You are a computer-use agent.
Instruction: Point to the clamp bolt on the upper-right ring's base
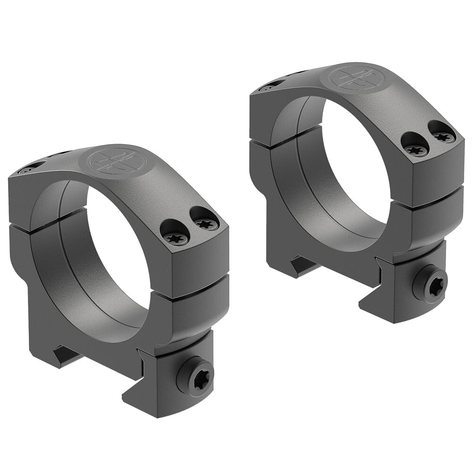[x=430, y=284]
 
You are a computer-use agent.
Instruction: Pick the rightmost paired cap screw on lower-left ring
[x=206, y=224]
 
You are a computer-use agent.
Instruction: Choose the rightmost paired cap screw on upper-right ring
[x=444, y=137]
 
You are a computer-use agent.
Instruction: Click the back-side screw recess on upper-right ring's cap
[x=271, y=86]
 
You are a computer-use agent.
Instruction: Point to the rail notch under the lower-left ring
[x=66, y=355]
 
